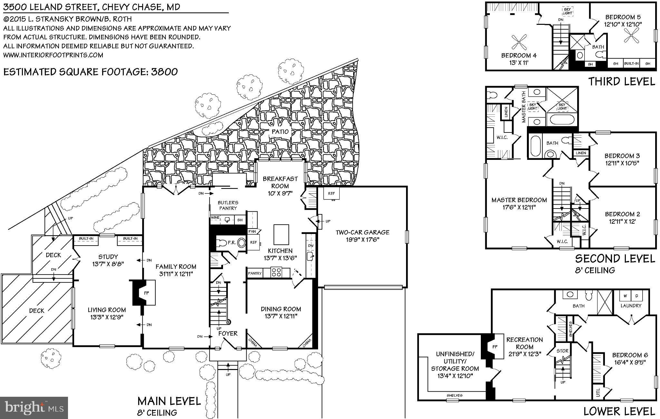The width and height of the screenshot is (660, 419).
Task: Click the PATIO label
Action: [x=280, y=132]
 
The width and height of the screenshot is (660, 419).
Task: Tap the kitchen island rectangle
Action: [x=281, y=235]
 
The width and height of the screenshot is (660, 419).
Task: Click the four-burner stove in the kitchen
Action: [x=276, y=272]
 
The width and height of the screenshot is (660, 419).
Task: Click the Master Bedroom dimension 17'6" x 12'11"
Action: [x=519, y=207]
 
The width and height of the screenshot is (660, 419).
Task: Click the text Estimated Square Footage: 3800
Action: [x=91, y=72]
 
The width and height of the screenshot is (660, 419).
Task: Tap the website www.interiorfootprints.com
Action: [x=53, y=55]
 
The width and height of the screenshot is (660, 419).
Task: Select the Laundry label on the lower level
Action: [x=631, y=305]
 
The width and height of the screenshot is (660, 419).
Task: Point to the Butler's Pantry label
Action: [x=228, y=205]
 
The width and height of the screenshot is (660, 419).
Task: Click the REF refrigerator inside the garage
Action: [x=331, y=193]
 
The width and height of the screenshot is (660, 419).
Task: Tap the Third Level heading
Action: [x=622, y=81]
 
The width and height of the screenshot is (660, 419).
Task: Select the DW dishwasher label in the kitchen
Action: [x=311, y=246]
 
